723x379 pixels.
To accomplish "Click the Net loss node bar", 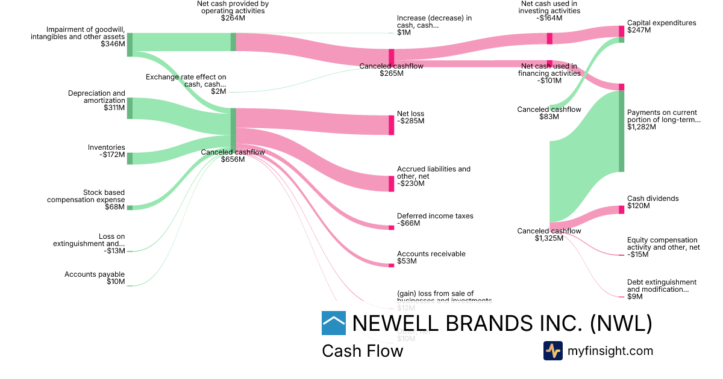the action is click(x=391, y=125).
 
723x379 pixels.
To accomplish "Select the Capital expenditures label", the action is click(x=653, y=26).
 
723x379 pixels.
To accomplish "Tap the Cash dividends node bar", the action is click(x=621, y=210).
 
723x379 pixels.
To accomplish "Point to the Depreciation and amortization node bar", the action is click(x=130, y=108).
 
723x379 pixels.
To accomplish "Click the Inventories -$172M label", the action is click(x=106, y=151).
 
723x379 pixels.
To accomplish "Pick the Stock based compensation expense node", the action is click(x=130, y=208).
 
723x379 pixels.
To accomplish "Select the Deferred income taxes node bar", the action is click(x=391, y=227).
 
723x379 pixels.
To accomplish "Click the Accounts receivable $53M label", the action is click(x=431, y=257).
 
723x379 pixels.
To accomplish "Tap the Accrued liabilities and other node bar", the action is click(x=391, y=183).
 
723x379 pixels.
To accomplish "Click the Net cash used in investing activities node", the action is click(x=549, y=39).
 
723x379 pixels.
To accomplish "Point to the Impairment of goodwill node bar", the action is click(x=130, y=45).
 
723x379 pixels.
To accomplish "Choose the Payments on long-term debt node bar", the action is click(x=621, y=131).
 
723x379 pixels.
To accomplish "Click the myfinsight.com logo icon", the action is click(x=553, y=351).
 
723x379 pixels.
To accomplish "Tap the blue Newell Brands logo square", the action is click(x=334, y=323).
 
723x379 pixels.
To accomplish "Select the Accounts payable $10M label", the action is click(x=95, y=278).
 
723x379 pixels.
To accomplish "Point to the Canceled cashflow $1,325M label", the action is click(x=549, y=235).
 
